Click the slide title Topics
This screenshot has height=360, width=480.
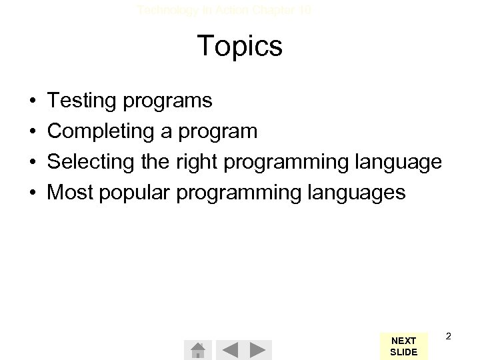pyautogui.click(x=240, y=47)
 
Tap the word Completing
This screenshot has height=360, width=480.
pyautogui.click(x=101, y=132)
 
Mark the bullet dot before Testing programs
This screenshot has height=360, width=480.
pyautogui.click(x=33, y=102)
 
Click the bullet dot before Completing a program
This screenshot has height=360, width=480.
pyautogui.click(x=33, y=132)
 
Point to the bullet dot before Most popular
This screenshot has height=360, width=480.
pyautogui.click(x=33, y=193)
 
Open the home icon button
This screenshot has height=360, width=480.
pyautogui.click(x=197, y=349)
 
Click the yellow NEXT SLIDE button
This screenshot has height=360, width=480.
pyautogui.click(x=403, y=346)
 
